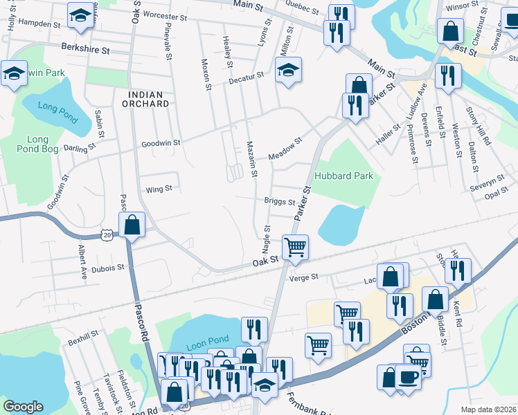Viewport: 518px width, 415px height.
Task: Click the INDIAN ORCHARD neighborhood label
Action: click(148, 99)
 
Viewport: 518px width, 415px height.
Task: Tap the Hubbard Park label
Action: click(344, 176)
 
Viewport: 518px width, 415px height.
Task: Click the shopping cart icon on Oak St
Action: click(295, 247)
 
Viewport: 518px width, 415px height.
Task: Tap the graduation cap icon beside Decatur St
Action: click(288, 69)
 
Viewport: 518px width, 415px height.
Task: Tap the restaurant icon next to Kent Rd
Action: click(458, 271)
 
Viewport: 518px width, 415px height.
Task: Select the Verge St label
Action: click(303, 277)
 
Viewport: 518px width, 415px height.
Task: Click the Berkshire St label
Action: click(85, 50)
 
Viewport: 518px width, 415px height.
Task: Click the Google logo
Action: click(23, 407)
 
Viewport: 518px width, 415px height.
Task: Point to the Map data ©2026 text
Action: click(488, 409)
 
